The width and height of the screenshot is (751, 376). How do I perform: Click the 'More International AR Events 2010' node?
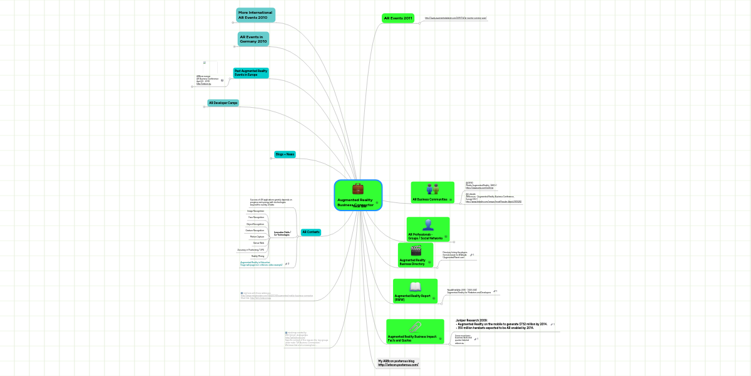click(255, 15)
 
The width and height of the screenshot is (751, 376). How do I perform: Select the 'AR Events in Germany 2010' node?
click(253, 39)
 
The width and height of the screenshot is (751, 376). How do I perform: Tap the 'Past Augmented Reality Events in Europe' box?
click(250, 73)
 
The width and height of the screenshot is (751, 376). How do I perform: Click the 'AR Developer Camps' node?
click(223, 103)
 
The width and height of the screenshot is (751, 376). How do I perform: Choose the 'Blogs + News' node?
click(285, 154)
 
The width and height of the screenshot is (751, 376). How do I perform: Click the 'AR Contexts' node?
click(311, 232)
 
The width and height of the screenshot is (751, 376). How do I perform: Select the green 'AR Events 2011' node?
click(398, 19)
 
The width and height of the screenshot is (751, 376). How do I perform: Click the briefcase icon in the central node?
click(358, 189)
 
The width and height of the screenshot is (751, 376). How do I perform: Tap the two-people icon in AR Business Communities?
click(432, 189)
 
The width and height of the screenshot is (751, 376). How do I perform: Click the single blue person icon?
click(428, 225)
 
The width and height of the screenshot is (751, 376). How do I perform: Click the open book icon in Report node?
click(416, 286)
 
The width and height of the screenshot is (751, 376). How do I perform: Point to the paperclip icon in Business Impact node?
click(415, 327)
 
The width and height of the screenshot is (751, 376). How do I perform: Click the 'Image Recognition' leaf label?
click(255, 211)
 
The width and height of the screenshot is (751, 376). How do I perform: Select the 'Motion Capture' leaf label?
click(257, 237)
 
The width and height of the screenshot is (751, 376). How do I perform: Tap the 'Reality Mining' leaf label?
click(258, 256)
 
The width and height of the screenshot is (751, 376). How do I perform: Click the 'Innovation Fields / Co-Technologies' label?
click(282, 233)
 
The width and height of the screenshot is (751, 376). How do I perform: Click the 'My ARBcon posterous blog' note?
click(398, 363)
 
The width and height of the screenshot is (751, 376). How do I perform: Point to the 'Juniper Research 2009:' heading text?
click(471, 320)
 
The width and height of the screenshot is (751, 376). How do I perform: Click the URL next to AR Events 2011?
click(455, 18)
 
